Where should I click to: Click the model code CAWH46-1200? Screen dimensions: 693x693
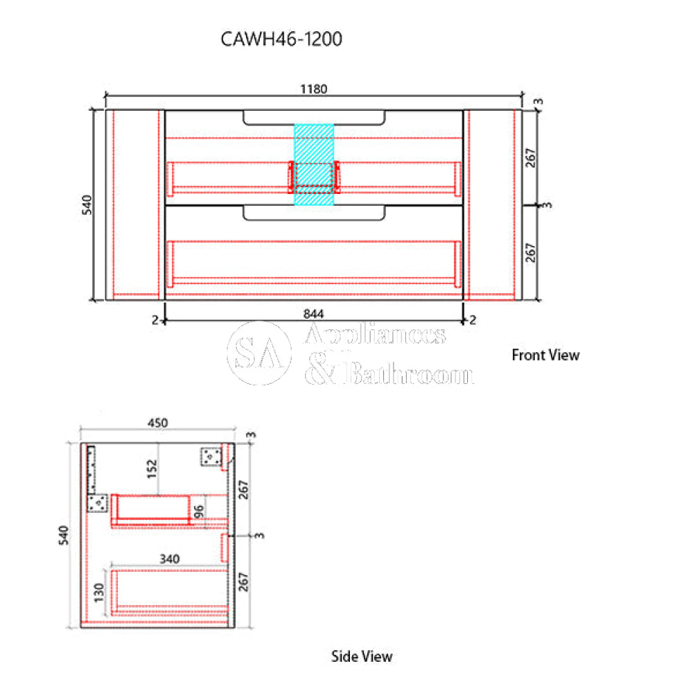[x=281, y=40]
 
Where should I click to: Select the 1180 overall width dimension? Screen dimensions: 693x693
[x=314, y=89]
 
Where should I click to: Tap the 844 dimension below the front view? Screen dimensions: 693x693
[x=314, y=313]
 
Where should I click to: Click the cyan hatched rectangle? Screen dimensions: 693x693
[x=314, y=165]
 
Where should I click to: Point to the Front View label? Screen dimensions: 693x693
[x=545, y=355]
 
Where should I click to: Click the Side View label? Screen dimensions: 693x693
[x=362, y=656]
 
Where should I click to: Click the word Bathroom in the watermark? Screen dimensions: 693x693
[x=409, y=375]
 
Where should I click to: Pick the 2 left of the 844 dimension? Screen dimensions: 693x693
[x=157, y=319]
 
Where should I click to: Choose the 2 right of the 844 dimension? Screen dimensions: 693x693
[x=472, y=319]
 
